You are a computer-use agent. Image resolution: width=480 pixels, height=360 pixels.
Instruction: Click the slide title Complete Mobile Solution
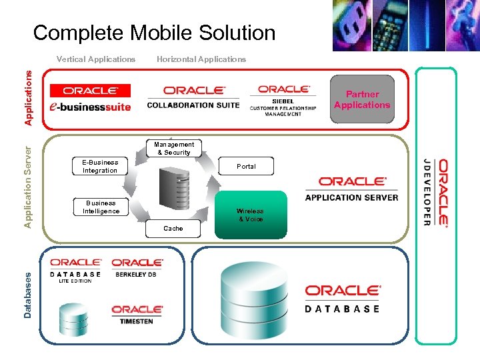click(154, 33)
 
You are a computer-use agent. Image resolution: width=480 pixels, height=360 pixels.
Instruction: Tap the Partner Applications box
click(362, 100)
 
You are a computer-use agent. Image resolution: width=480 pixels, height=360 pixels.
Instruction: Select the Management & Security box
click(174, 148)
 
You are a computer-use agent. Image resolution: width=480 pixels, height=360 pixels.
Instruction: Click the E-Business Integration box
click(100, 166)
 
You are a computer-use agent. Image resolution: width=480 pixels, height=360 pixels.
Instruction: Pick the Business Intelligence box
click(101, 207)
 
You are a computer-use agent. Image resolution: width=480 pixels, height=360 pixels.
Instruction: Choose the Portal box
click(246, 166)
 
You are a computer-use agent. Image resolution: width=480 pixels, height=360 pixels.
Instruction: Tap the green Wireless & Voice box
click(251, 215)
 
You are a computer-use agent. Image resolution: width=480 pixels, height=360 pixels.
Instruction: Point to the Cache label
click(173, 228)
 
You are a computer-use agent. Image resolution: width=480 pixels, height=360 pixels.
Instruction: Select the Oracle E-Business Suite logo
click(90, 97)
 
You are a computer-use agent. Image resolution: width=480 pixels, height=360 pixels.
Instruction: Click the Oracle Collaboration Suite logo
click(194, 97)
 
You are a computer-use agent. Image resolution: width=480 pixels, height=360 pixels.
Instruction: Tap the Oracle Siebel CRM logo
click(283, 100)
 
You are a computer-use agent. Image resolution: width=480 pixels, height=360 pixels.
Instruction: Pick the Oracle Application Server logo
click(351, 189)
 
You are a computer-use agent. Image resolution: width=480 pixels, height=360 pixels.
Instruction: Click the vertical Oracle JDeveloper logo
click(435, 192)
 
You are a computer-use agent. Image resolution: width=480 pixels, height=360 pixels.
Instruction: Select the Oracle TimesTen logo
click(137, 315)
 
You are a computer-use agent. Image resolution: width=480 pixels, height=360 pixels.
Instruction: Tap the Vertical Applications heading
click(96, 59)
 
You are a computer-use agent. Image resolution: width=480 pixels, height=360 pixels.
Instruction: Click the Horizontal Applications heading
click(201, 59)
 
